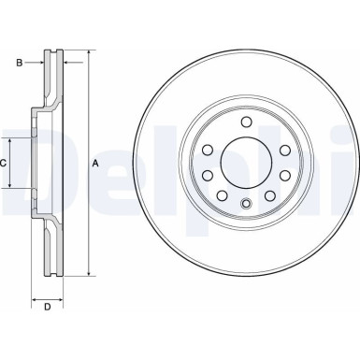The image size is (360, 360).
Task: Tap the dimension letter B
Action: (x=18, y=63)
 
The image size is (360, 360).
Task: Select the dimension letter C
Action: (x=5, y=162)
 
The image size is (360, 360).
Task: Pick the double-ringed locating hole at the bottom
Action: (x=245, y=206)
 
